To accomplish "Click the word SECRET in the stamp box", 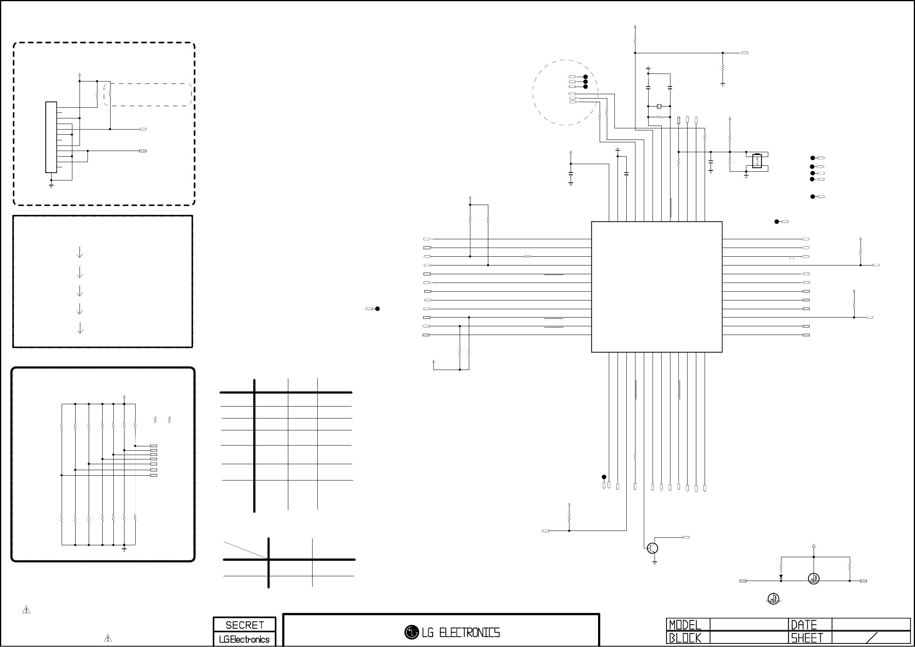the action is point(245,625).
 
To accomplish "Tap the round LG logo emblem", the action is point(412,632).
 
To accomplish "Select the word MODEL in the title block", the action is point(685,625).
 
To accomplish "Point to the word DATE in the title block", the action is point(804,625).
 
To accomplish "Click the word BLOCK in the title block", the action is point(685,638).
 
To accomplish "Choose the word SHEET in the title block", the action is point(807,638).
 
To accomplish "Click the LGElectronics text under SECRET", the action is point(244,639).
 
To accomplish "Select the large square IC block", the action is point(657,287).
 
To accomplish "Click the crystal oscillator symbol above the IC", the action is point(659,106).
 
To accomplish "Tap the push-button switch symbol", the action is point(757,161).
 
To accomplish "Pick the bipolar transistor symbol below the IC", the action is point(653,548).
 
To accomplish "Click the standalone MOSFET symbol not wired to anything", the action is point(773,599).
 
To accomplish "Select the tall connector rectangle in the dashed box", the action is point(51,137).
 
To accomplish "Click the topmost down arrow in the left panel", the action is point(80,252).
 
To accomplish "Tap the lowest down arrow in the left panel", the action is point(80,327).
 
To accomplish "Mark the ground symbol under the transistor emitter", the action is point(655,562).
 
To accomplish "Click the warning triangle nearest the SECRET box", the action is point(108,638).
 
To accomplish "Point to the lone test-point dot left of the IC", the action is point(377,309).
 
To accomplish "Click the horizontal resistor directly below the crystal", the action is point(660,117).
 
